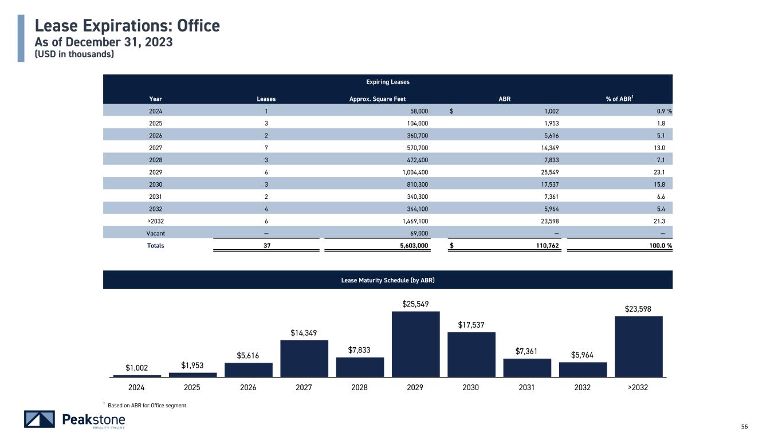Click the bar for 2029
pos(415,344)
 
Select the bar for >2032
pos(638,346)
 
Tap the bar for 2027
pos(304,358)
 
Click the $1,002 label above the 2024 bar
pos(137,367)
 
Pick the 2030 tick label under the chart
pos(471,387)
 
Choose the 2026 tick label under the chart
pos(248,387)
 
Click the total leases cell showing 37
pos(266,246)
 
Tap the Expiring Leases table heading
pos(388,82)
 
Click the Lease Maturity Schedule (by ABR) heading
pos(388,280)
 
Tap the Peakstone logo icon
pos(40,419)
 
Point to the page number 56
pos(744,426)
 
